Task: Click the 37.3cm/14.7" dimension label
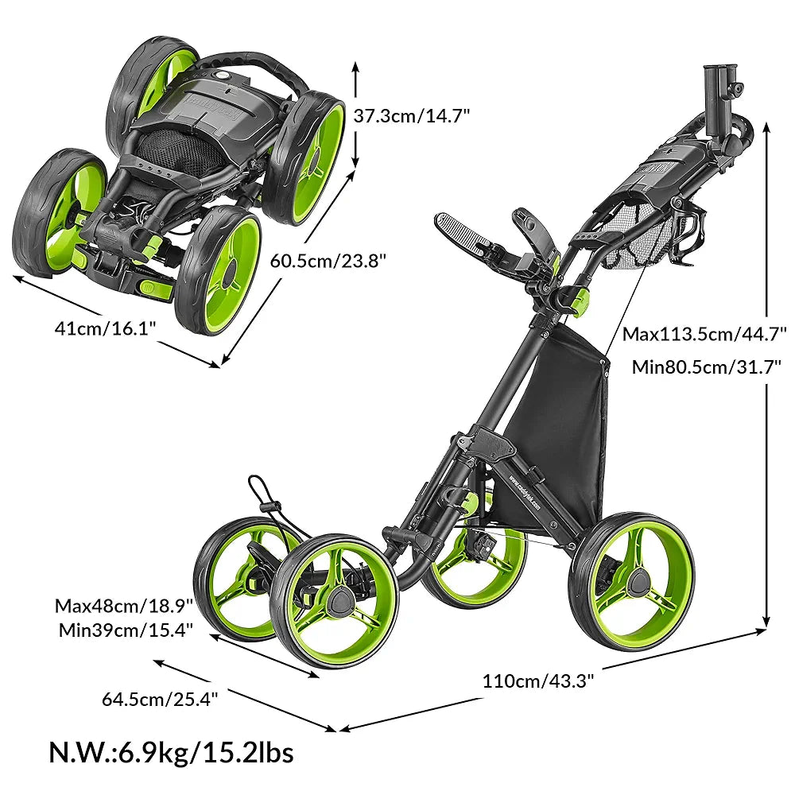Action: pyautogui.click(x=412, y=116)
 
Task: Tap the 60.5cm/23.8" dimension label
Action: pyautogui.click(x=328, y=261)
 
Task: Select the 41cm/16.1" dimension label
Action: pyautogui.click(x=105, y=328)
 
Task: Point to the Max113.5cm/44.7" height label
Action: pyautogui.click(x=704, y=334)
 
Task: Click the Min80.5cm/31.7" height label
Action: pyautogui.click(x=706, y=367)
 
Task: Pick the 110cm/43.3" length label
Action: pyautogui.click(x=537, y=681)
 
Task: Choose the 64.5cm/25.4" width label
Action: pyautogui.click(x=160, y=700)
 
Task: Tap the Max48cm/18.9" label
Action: pyautogui.click(x=124, y=606)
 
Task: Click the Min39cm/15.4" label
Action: pyautogui.click(x=126, y=630)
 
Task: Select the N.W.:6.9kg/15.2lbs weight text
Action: pyautogui.click(x=171, y=752)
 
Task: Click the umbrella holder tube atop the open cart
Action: pyautogui.click(x=719, y=102)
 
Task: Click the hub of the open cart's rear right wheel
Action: pyautogui.click(x=637, y=582)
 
